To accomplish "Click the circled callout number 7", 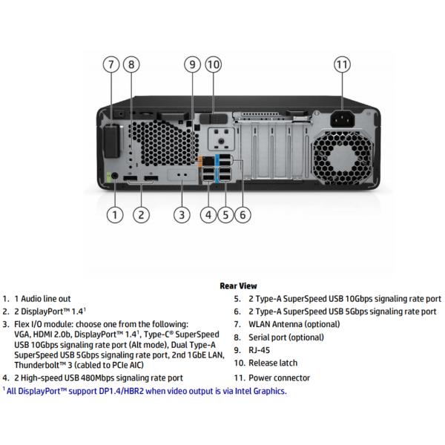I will [x=111, y=65].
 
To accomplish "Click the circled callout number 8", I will [x=131, y=65].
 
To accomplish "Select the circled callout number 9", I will [x=193, y=65].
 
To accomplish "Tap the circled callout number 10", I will [x=214, y=65].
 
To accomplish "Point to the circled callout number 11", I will [x=342, y=65].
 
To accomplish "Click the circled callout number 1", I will [x=114, y=215].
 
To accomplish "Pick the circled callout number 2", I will [x=141, y=215].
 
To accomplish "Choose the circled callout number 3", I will [x=182, y=215].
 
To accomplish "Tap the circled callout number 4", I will [x=209, y=215].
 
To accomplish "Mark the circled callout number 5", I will [x=225, y=215].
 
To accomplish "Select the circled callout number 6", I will [x=242, y=215].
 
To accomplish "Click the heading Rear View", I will [x=238, y=285].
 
